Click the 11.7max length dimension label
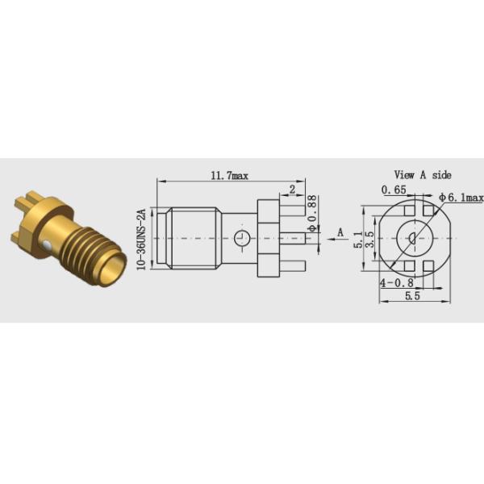(x=227, y=175)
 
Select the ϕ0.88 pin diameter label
(x=311, y=211)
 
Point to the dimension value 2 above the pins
(x=291, y=190)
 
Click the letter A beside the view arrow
(x=340, y=232)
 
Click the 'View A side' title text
(x=422, y=174)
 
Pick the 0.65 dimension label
(x=394, y=191)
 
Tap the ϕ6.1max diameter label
(x=462, y=197)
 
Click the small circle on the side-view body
(x=240, y=238)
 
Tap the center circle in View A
(x=411, y=238)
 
